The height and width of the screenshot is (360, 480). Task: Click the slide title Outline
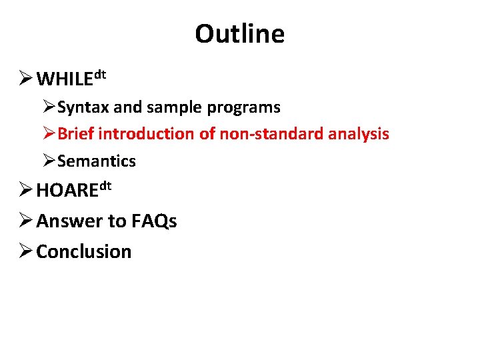pyautogui.click(x=239, y=33)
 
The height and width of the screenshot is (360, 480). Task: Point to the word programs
pyautogui.click(x=248, y=107)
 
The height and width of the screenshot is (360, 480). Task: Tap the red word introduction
pyautogui.click(x=146, y=134)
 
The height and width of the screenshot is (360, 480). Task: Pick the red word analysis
pyautogui.click(x=359, y=134)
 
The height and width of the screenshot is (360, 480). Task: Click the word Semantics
pyautogui.click(x=97, y=161)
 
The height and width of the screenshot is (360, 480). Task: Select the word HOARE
pyautogui.click(x=67, y=191)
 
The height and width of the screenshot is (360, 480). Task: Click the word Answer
pyautogui.click(x=65, y=221)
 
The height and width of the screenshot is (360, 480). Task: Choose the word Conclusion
pyautogui.click(x=83, y=252)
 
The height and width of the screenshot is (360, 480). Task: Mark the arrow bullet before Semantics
pyautogui.click(x=49, y=161)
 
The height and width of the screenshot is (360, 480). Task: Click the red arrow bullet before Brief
pyautogui.click(x=49, y=133)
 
